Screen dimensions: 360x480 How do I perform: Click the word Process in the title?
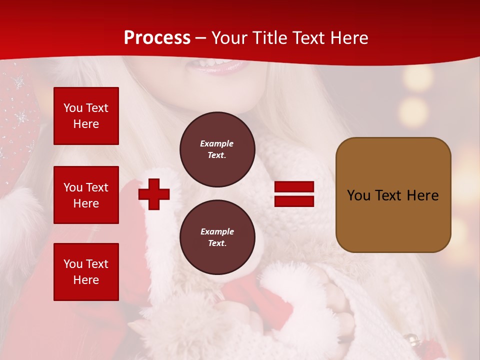coord(157,38)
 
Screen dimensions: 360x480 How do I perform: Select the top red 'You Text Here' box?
coord(86,116)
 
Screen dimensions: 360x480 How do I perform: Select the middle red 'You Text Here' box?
coord(86,195)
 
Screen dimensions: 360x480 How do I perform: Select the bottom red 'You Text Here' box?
coord(86,271)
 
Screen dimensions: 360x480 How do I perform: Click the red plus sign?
coord(154,194)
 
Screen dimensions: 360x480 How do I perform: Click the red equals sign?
coord(294,194)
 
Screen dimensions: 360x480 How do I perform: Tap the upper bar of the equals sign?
coord(294,187)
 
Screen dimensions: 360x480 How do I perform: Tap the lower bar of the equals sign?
coord(294,201)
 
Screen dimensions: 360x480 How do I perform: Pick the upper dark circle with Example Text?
coord(217,149)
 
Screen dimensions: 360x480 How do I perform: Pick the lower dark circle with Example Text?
coord(217,237)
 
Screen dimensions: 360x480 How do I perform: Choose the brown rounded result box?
coord(393,195)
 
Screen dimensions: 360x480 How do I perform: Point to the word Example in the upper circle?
coord(217,144)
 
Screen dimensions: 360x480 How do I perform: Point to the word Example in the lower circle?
coord(217,232)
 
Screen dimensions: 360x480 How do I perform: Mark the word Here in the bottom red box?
coord(86,280)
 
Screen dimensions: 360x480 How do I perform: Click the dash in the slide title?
coord(201,38)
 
